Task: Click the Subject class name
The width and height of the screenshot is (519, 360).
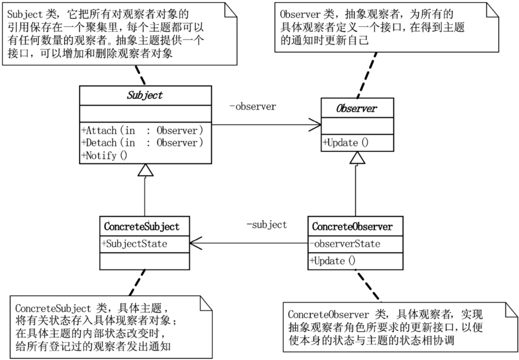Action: [x=145, y=95]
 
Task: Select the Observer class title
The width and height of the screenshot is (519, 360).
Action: [x=356, y=109]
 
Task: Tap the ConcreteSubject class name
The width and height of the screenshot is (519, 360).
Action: [x=142, y=226]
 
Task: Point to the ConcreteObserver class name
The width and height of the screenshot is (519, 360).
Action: [x=352, y=226]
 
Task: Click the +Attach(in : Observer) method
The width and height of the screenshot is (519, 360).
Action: [x=142, y=131]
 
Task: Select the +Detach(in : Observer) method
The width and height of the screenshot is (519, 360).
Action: [x=142, y=143]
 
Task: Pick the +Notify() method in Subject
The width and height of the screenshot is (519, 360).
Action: [x=104, y=156]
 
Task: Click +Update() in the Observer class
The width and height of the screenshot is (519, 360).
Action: [x=346, y=143]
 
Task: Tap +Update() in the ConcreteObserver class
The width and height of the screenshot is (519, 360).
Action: [x=333, y=261]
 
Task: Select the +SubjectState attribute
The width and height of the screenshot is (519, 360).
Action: [x=135, y=244]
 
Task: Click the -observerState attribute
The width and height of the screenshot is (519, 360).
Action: [x=345, y=244]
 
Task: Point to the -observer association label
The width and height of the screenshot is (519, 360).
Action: [x=253, y=106]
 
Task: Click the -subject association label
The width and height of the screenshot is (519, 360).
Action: [x=267, y=225]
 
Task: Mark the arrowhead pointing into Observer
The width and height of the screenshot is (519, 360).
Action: [x=315, y=125]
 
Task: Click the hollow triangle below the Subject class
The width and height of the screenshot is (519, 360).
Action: [x=145, y=170]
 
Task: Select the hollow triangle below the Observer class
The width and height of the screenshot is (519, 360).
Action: [x=357, y=157]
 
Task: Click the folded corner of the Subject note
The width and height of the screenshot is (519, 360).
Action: [x=231, y=10]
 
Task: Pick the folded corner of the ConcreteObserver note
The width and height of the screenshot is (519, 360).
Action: [x=511, y=309]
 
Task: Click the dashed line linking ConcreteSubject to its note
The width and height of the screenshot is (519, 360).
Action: [x=137, y=283]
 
